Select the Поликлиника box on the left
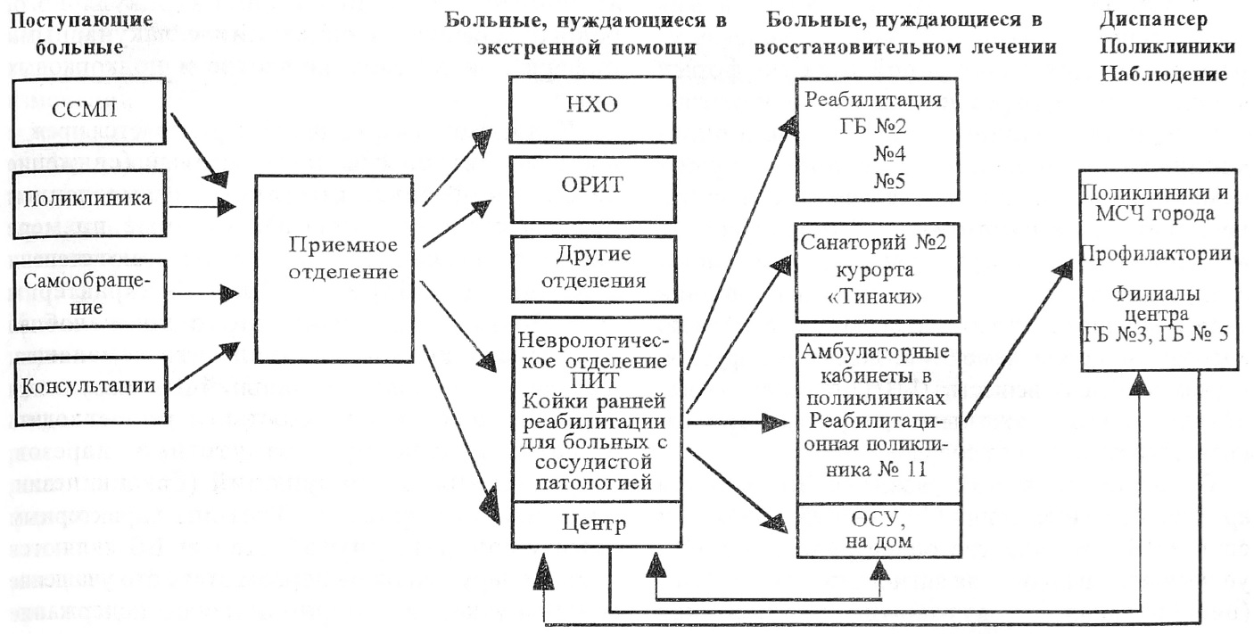(89, 198)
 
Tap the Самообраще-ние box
(89, 292)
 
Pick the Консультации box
(89, 386)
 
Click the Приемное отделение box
(334, 257)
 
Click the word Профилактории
(1156, 254)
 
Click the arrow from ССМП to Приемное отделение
(194, 144)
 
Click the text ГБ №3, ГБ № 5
(1156, 335)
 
